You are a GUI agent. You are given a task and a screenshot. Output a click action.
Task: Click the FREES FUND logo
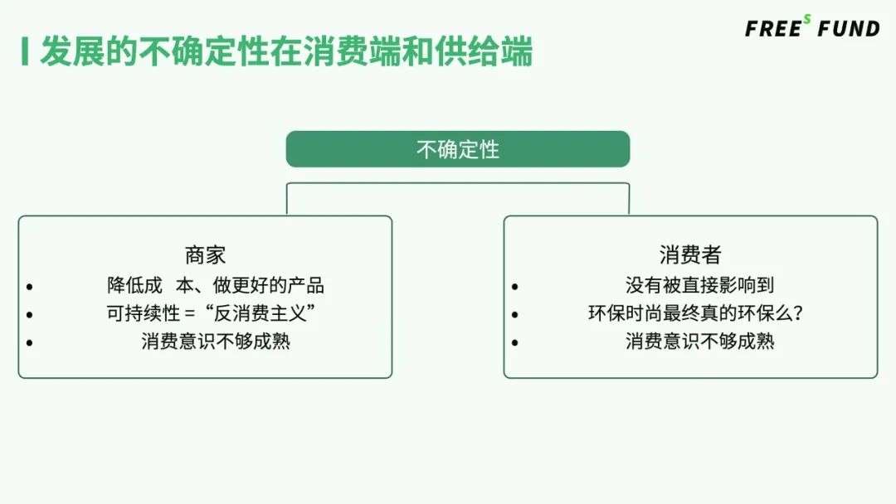(811, 28)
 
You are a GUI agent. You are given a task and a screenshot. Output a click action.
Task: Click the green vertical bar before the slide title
(26, 51)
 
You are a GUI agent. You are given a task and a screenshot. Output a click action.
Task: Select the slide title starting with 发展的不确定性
(286, 51)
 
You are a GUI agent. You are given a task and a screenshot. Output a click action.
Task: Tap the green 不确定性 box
(458, 149)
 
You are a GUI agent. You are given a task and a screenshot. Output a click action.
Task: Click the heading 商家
(205, 254)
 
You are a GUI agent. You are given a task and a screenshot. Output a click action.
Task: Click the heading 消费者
(690, 254)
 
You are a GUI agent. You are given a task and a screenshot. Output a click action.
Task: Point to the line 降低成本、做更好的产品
(216, 286)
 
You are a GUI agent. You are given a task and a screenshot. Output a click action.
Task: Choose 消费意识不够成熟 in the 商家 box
(216, 341)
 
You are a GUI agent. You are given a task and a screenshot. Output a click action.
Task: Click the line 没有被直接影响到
(699, 286)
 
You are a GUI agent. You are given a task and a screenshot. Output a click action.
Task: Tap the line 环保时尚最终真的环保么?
(699, 313)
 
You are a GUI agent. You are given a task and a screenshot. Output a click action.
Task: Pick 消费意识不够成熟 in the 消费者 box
(699, 341)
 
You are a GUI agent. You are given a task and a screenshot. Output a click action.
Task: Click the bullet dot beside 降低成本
(30, 288)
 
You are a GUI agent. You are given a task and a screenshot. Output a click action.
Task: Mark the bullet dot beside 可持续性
(30, 315)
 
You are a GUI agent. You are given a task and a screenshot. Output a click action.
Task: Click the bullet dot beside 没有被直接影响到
(515, 288)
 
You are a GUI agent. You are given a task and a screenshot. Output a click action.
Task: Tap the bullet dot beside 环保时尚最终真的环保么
(515, 315)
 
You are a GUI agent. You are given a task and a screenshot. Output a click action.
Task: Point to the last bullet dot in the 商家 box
(30, 342)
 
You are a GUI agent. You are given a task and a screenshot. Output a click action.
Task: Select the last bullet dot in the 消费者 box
(515, 342)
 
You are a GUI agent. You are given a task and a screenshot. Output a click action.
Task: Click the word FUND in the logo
(848, 29)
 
